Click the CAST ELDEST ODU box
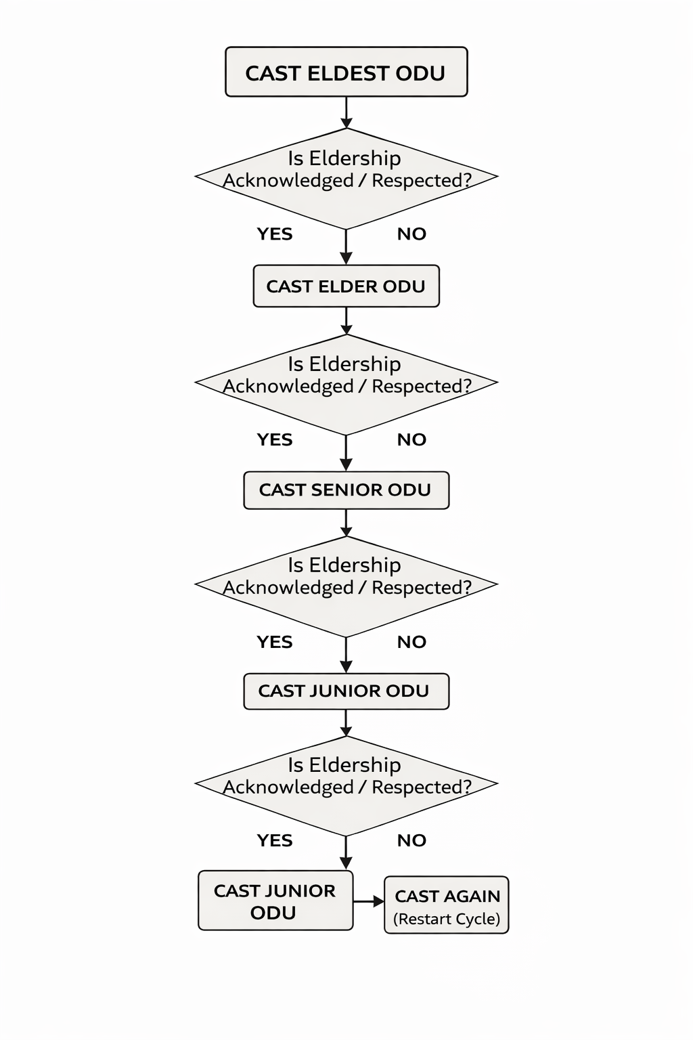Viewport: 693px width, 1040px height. (x=346, y=72)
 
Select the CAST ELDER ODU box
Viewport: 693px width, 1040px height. (x=346, y=286)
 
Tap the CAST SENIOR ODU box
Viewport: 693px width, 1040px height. (x=346, y=490)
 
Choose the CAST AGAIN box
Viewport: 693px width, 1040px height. (x=447, y=905)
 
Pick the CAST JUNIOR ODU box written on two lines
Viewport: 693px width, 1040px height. (x=275, y=901)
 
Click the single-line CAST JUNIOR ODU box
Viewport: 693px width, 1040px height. (x=346, y=691)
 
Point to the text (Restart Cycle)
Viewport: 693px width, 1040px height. (x=447, y=919)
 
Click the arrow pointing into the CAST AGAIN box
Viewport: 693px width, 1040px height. (x=370, y=902)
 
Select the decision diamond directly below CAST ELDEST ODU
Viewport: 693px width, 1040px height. (x=346, y=178)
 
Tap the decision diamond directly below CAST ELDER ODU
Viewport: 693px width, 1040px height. (x=346, y=384)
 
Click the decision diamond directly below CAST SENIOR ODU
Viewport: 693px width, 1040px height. (x=346, y=586)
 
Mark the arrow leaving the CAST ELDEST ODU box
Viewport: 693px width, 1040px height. (x=346, y=112)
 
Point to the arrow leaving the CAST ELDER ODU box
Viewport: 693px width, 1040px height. (x=346, y=321)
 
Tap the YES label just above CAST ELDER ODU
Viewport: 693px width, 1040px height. (x=275, y=234)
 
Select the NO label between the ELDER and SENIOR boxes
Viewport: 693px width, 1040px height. (x=411, y=439)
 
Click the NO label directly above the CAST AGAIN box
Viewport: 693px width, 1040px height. (x=411, y=840)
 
